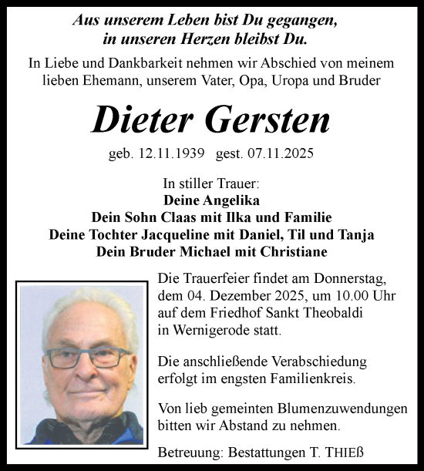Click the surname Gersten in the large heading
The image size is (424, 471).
click(x=271, y=119)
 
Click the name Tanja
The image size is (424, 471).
click(x=355, y=234)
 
